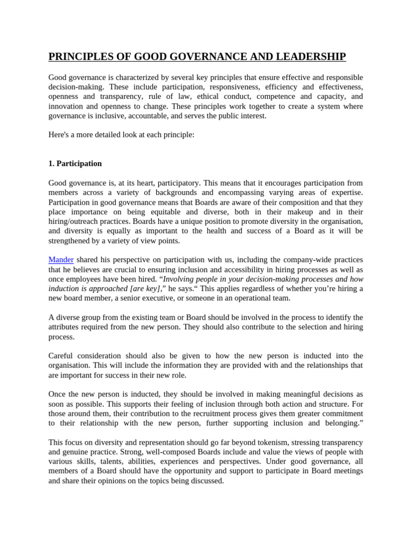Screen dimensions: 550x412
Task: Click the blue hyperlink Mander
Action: tap(61, 259)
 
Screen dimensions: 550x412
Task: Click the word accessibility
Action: tap(215, 269)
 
